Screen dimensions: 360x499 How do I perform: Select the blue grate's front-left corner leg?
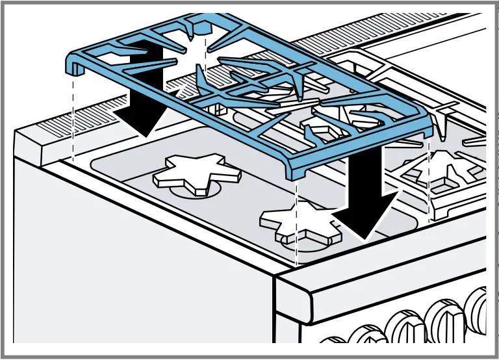coord(73,66)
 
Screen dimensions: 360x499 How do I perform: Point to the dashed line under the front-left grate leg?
coord(73,117)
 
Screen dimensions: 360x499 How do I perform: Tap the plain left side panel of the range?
coord(130,273)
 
